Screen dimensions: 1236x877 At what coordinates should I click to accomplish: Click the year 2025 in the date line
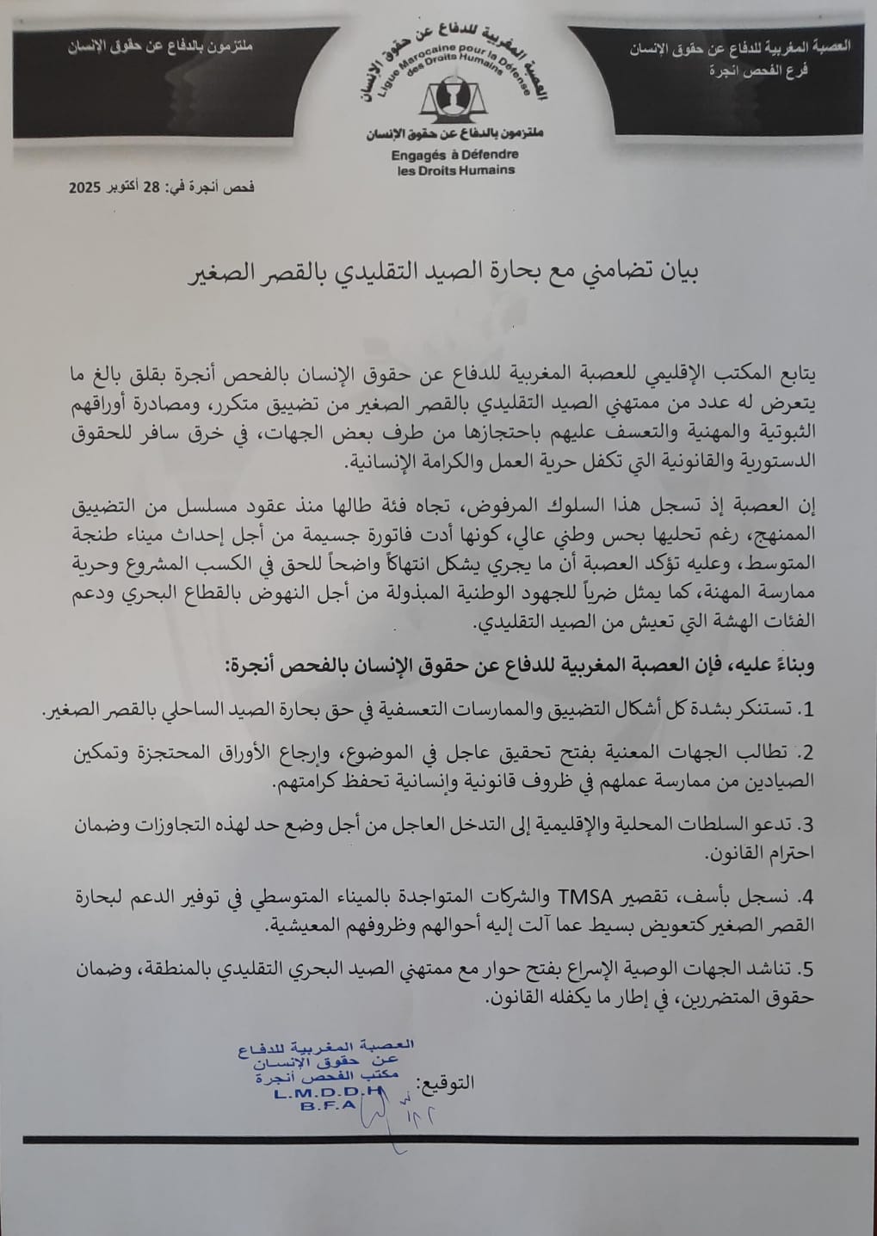tap(86, 187)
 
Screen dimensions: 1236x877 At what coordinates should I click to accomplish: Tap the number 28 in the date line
tap(151, 187)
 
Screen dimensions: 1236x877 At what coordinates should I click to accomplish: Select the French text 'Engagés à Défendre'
tap(454, 156)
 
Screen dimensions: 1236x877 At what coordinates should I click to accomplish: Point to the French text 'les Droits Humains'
tap(455, 170)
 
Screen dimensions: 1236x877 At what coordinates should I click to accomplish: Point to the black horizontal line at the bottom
tap(440, 1141)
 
